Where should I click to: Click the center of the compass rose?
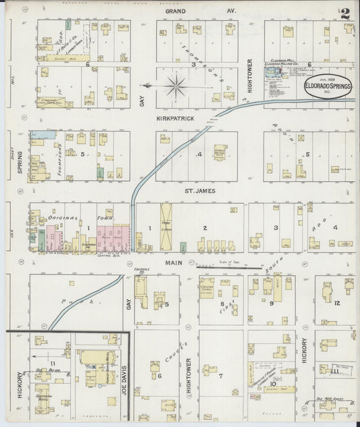click(175, 85)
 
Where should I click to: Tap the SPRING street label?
click(20, 161)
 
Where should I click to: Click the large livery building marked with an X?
click(166, 226)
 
